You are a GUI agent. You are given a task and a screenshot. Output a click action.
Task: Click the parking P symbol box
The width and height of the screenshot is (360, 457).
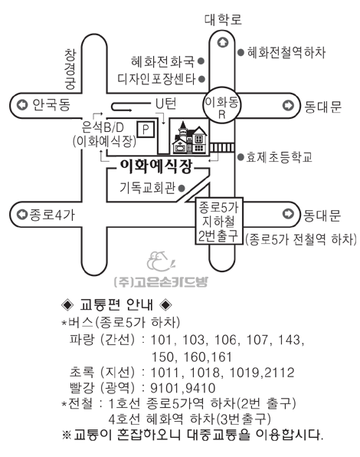click(x=146, y=130)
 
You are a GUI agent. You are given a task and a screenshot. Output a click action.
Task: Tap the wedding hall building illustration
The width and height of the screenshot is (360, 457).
click(x=189, y=137)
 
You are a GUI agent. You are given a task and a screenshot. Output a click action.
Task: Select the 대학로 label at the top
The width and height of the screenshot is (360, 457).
click(x=223, y=19)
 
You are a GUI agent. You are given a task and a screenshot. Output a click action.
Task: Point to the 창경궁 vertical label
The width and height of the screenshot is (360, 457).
click(x=70, y=69)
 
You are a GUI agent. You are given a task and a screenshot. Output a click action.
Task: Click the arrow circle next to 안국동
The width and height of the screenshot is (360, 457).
click(x=22, y=104)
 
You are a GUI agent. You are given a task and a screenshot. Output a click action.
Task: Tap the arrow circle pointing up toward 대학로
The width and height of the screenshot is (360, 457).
click(x=223, y=43)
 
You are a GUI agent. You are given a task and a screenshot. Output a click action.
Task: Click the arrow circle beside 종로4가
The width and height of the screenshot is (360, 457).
click(x=21, y=215)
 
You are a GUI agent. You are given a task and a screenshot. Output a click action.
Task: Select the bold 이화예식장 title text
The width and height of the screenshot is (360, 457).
click(x=156, y=166)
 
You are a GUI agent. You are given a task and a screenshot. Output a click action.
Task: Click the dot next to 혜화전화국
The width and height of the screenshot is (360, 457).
click(x=201, y=61)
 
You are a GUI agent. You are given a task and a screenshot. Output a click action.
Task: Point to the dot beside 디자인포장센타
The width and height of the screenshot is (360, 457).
click(x=201, y=79)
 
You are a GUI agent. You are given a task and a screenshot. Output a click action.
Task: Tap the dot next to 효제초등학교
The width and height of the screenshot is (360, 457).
click(x=241, y=157)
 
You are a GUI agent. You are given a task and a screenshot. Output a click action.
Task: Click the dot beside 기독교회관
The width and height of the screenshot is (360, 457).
click(x=182, y=189)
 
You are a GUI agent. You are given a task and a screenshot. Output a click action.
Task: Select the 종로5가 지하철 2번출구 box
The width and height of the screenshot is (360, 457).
click(x=218, y=221)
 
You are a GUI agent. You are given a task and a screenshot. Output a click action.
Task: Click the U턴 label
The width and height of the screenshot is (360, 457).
click(x=166, y=104)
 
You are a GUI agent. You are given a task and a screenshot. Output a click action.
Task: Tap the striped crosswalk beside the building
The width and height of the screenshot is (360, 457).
click(x=222, y=147)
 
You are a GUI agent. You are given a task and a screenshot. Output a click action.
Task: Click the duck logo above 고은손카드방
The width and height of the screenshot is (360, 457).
click(x=160, y=261)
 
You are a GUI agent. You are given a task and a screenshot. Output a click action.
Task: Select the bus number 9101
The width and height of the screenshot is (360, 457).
click(x=166, y=388)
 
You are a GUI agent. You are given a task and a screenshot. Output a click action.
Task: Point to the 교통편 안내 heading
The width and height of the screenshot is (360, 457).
click(x=116, y=305)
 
